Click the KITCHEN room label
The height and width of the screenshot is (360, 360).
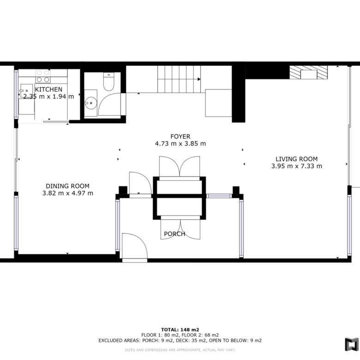click(x=48, y=90)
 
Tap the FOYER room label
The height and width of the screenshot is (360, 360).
click(x=180, y=137)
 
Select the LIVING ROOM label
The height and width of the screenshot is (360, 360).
click(x=297, y=159)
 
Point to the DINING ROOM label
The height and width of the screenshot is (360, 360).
click(x=67, y=186)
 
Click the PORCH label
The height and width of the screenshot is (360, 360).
click(x=174, y=234)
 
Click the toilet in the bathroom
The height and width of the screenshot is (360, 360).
click(x=108, y=82)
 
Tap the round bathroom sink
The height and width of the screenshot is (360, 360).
click(x=91, y=103)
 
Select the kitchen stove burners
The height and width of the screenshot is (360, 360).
click(x=43, y=76)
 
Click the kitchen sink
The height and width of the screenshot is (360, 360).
click(x=26, y=90)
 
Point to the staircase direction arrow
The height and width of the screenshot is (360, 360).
click(x=199, y=79)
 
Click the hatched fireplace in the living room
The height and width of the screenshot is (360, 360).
click(x=308, y=72)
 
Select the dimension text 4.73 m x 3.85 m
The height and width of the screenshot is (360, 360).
click(x=180, y=144)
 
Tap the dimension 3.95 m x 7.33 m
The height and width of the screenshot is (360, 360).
click(x=297, y=166)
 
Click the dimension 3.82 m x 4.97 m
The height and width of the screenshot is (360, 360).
click(x=68, y=193)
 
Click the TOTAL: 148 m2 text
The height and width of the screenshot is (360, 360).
click(x=180, y=330)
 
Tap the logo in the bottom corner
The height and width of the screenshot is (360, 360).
click(x=352, y=344)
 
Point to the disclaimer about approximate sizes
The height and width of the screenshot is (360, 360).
click(x=180, y=350)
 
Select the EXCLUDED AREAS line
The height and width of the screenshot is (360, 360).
click(x=180, y=341)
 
